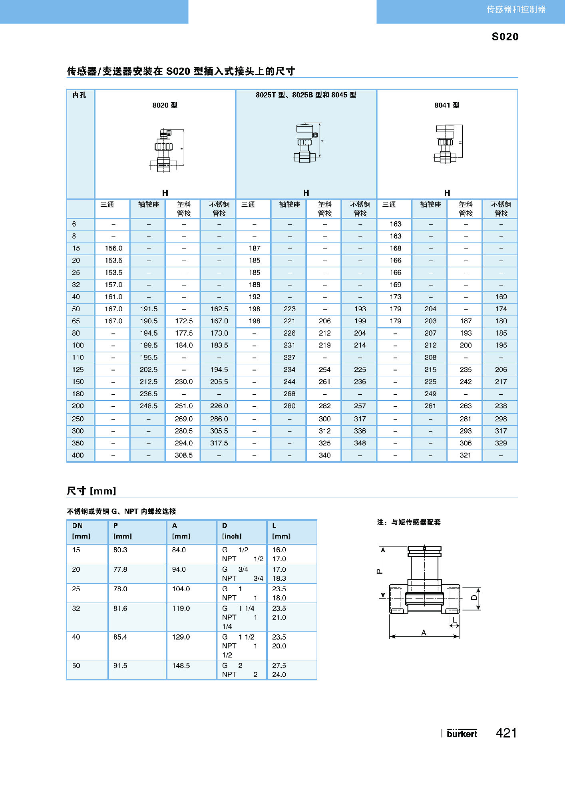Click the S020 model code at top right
(505, 37)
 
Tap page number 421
(506, 733)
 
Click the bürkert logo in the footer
(462, 733)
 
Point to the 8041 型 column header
(447, 105)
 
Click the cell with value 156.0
(113, 248)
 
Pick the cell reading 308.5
(184, 455)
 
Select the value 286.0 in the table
(219, 419)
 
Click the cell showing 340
(324, 455)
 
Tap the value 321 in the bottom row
(466, 455)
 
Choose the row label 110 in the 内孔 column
(78, 358)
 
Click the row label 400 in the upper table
(78, 455)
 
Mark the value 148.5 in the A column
(181, 666)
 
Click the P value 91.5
(120, 666)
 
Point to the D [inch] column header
(232, 531)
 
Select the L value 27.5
(279, 666)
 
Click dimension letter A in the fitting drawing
(424, 632)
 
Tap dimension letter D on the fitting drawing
(474, 598)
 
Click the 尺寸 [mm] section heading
(92, 491)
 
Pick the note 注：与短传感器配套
(409, 522)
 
